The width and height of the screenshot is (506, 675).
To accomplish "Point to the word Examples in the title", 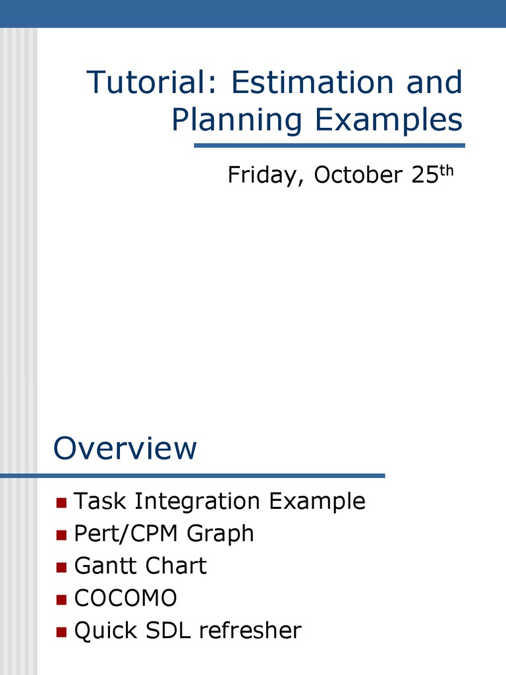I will coord(389,119).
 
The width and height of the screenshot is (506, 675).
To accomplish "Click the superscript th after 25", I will coord(447,170).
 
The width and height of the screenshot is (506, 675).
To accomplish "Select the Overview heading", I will coord(125,448).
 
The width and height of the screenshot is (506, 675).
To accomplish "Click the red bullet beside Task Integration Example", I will coord(61,503).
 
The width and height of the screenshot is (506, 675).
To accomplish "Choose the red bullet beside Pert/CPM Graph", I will coord(61,535).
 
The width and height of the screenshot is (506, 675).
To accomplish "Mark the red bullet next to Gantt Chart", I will coord(61,567).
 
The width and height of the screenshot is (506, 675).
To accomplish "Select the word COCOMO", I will coord(126,599).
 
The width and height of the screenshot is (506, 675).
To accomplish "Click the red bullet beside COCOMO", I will coord(61,599).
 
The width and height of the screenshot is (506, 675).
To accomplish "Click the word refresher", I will coord(250,631).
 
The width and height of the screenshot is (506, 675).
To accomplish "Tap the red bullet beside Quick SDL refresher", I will coord(61,631).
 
